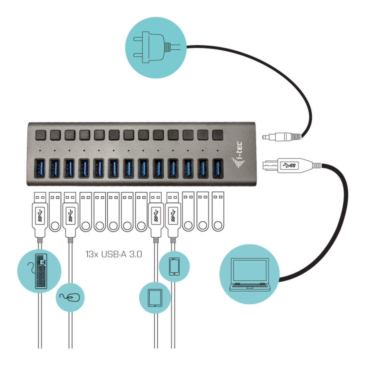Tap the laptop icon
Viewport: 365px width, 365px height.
point(250,274)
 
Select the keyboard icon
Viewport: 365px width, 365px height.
point(41,271)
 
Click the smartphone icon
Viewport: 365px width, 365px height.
point(174,266)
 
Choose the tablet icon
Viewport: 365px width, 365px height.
point(155,298)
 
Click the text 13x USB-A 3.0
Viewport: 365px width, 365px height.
point(113,254)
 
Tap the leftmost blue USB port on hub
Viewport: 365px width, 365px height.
point(40,169)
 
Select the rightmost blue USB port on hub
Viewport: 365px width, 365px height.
point(218,169)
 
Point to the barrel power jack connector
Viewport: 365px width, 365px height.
point(282,137)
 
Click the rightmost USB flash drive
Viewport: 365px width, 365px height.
point(218,211)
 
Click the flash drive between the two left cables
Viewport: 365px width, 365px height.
point(55,211)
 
